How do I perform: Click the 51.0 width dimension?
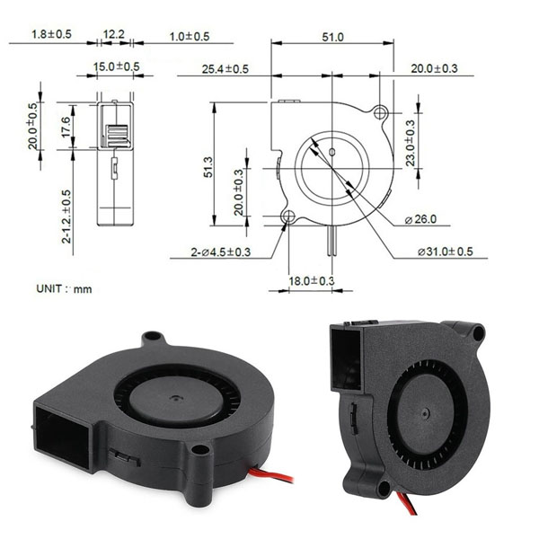coord(332,37)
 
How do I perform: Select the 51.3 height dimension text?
coord(208,165)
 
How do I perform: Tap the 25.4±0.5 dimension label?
coord(225,69)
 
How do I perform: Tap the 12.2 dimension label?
coord(114,34)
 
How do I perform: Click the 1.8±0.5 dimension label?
coord(51,34)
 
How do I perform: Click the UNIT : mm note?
coord(64,289)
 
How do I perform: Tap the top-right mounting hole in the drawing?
coord(382,114)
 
